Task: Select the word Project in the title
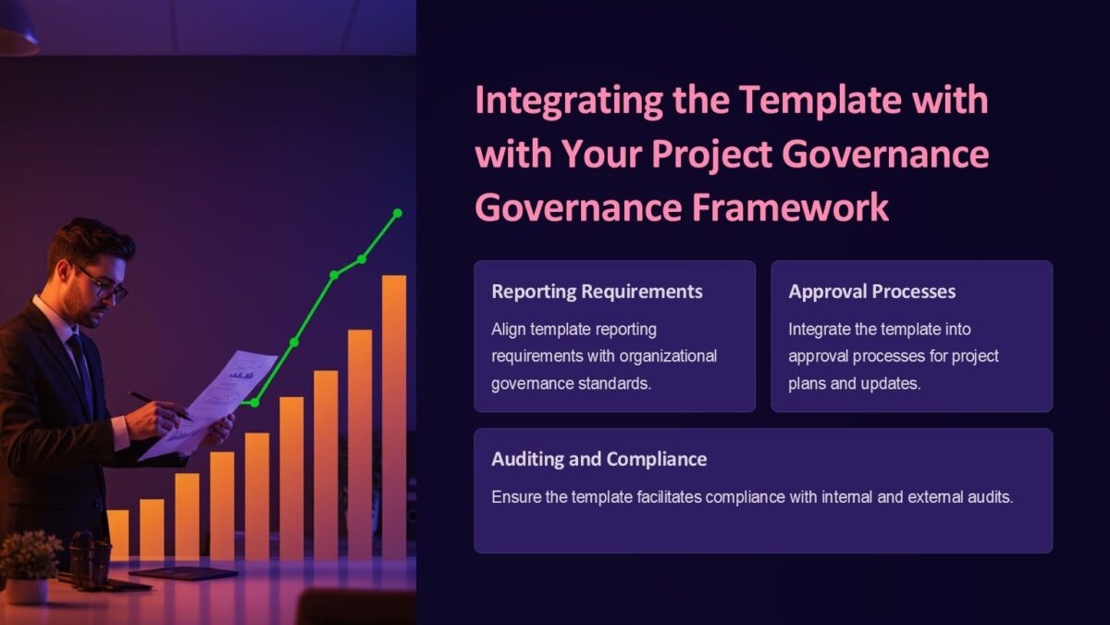click(x=713, y=155)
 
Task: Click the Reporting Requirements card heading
click(x=597, y=292)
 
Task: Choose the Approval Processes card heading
click(x=871, y=292)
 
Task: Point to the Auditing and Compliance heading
click(x=598, y=459)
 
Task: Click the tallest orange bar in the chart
click(x=394, y=417)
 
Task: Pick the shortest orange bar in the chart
click(x=118, y=534)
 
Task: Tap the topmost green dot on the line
click(x=398, y=213)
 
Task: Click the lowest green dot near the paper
click(x=254, y=403)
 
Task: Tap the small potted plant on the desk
click(x=29, y=565)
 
